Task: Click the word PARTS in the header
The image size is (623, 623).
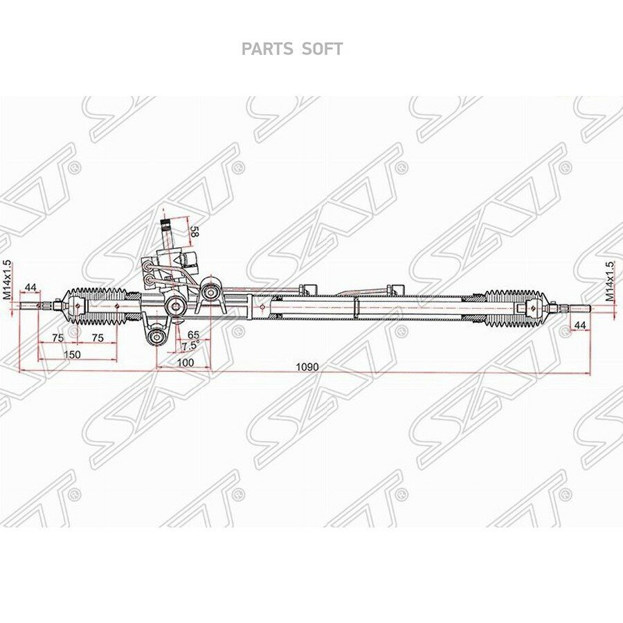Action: point(267,49)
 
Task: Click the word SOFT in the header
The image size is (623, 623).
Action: point(322,49)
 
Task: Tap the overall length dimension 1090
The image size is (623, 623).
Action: point(307,367)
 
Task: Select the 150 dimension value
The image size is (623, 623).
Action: point(72,354)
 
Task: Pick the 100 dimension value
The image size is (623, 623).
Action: point(185,362)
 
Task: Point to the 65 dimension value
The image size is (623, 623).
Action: point(193,334)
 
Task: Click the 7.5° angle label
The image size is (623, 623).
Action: point(191,346)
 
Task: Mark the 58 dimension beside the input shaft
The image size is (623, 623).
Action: point(194,232)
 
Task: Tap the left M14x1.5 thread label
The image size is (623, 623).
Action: point(8,280)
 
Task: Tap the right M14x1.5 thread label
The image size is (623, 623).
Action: point(610,282)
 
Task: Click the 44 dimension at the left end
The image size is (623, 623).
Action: point(30,287)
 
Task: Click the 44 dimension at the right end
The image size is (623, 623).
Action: point(580,325)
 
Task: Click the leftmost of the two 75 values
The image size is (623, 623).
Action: point(58,338)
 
